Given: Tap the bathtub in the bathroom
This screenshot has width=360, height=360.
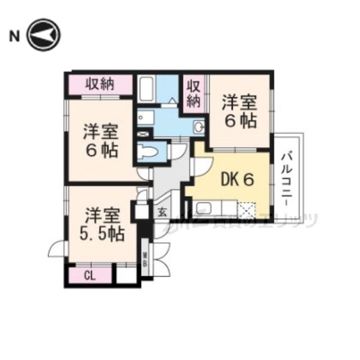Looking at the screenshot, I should click(x=147, y=89).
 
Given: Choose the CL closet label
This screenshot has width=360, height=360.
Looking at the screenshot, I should click(x=89, y=276).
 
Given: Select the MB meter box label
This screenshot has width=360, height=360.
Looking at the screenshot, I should click(x=145, y=260).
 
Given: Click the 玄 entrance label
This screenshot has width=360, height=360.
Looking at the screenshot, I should click(x=161, y=213).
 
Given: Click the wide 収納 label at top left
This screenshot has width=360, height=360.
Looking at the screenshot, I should click(x=100, y=84).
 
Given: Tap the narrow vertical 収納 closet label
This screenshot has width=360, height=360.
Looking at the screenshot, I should click(x=193, y=94).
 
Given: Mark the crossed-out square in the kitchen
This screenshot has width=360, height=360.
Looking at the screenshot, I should click(x=247, y=211).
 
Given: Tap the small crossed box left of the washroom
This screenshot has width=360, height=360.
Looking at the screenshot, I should click(x=142, y=135).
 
